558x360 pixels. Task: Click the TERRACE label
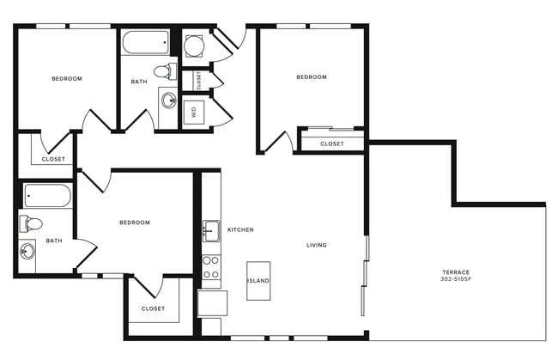[x=456, y=272]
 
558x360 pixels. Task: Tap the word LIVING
[x=317, y=245]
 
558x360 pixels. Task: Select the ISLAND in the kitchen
[x=258, y=281]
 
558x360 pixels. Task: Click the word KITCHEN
[x=240, y=229]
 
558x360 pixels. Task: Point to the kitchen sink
[x=211, y=230]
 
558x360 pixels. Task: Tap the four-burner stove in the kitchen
[x=210, y=267]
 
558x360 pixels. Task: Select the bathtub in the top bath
[x=146, y=41]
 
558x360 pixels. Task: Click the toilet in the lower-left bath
[x=32, y=223]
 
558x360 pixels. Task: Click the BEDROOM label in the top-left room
[x=67, y=79]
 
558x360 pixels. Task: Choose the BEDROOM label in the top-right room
[x=312, y=77]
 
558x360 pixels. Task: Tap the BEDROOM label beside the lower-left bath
[x=134, y=223]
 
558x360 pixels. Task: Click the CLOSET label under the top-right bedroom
[x=332, y=143]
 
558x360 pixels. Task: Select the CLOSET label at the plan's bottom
[x=153, y=308]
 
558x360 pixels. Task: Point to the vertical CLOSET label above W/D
[x=198, y=80]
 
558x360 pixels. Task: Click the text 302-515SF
[x=456, y=279]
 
